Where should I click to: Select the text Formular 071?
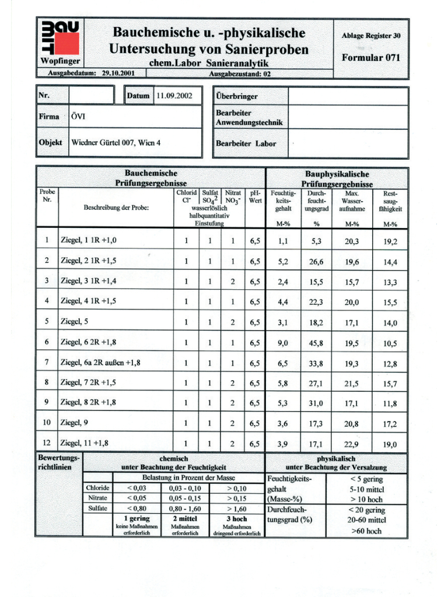coord(372,58)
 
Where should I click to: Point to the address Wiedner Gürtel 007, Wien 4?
coord(116,142)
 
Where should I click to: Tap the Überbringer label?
coord(236,96)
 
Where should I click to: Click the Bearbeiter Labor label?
coord(246,143)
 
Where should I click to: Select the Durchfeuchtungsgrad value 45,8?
coord(317,343)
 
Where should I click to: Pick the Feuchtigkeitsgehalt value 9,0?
coord(282,343)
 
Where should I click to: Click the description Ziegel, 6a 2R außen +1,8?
coord(100,363)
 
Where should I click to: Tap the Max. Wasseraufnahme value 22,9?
coord(352,444)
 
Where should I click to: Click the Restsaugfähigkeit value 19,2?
coord(390,241)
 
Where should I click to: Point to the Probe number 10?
coord(47,423)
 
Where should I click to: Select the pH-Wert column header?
coord(256,196)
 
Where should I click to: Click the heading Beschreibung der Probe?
coord(116,208)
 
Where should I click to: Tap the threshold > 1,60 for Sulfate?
coord(236,508)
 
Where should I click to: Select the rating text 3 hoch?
coord(236,518)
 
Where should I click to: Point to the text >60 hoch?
coord(366,531)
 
